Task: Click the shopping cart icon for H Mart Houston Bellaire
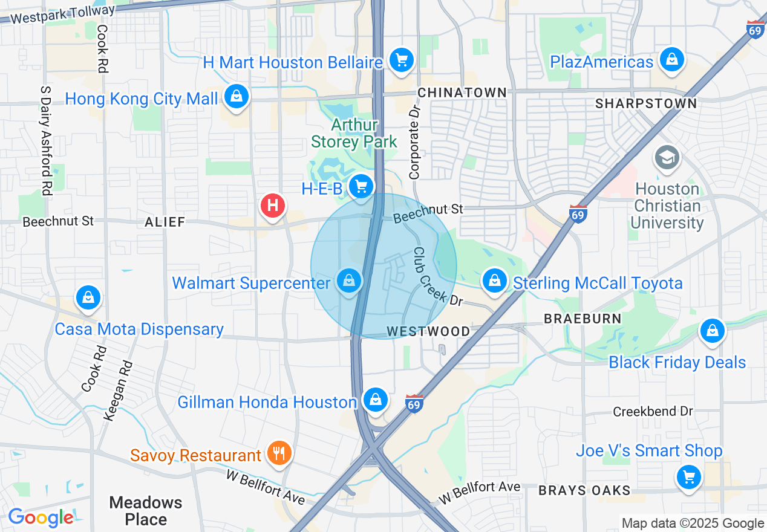400,60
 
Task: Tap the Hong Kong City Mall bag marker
236,96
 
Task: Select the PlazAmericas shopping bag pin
671,60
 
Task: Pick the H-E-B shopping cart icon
361,186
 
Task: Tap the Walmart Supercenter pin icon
348,281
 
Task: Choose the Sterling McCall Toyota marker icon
495,281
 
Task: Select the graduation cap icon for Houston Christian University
667,158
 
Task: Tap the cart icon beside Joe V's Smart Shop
688,476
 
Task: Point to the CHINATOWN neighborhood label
462,92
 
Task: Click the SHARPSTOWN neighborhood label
646,103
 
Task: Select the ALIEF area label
165,222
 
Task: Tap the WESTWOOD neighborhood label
428,331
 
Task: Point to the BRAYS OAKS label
584,490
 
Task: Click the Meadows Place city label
146,511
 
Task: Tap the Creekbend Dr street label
653,411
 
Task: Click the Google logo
41,517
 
